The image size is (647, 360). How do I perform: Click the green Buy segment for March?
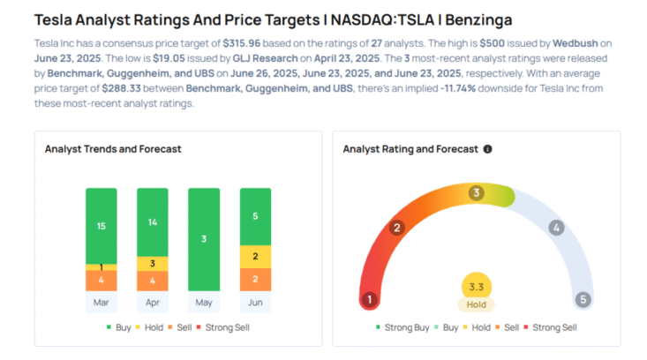[x=101, y=226]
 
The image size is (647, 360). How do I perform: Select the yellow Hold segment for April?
[x=152, y=263]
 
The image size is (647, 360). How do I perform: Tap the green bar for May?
[x=204, y=239]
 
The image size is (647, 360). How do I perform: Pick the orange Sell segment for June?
[x=255, y=280]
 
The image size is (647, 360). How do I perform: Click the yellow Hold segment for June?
[x=255, y=257]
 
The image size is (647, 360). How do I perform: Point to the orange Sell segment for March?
[x=101, y=281]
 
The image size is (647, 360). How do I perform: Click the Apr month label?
[x=152, y=301]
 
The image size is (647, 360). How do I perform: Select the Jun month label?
[x=255, y=301]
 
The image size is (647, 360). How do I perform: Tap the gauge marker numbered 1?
[x=369, y=299]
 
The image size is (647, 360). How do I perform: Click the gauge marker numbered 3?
[x=476, y=192]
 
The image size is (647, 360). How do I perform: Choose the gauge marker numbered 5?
[x=583, y=299]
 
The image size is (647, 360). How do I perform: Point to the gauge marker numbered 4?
[x=555, y=228]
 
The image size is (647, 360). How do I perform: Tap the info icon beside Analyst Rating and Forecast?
[x=488, y=149]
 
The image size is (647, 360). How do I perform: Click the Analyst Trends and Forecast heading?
[x=113, y=149]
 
